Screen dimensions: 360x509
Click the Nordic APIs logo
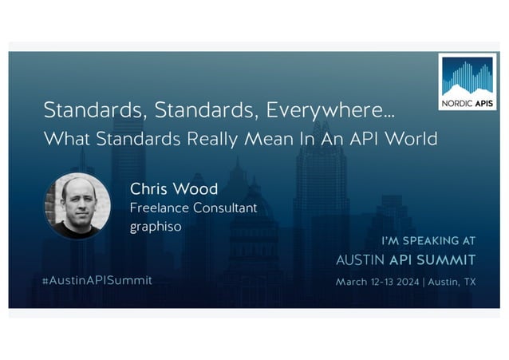pyautogui.click(x=468, y=81)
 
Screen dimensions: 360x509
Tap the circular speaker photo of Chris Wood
pyautogui.click(x=77, y=206)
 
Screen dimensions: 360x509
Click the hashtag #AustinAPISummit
pyautogui.click(x=97, y=280)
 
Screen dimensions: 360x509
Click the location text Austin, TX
pyautogui.click(x=452, y=281)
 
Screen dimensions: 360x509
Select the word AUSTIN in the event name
pyautogui.click(x=361, y=259)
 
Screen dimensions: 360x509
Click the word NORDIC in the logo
pyautogui.click(x=457, y=102)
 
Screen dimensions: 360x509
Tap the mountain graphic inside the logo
pyautogui.click(x=468, y=78)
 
